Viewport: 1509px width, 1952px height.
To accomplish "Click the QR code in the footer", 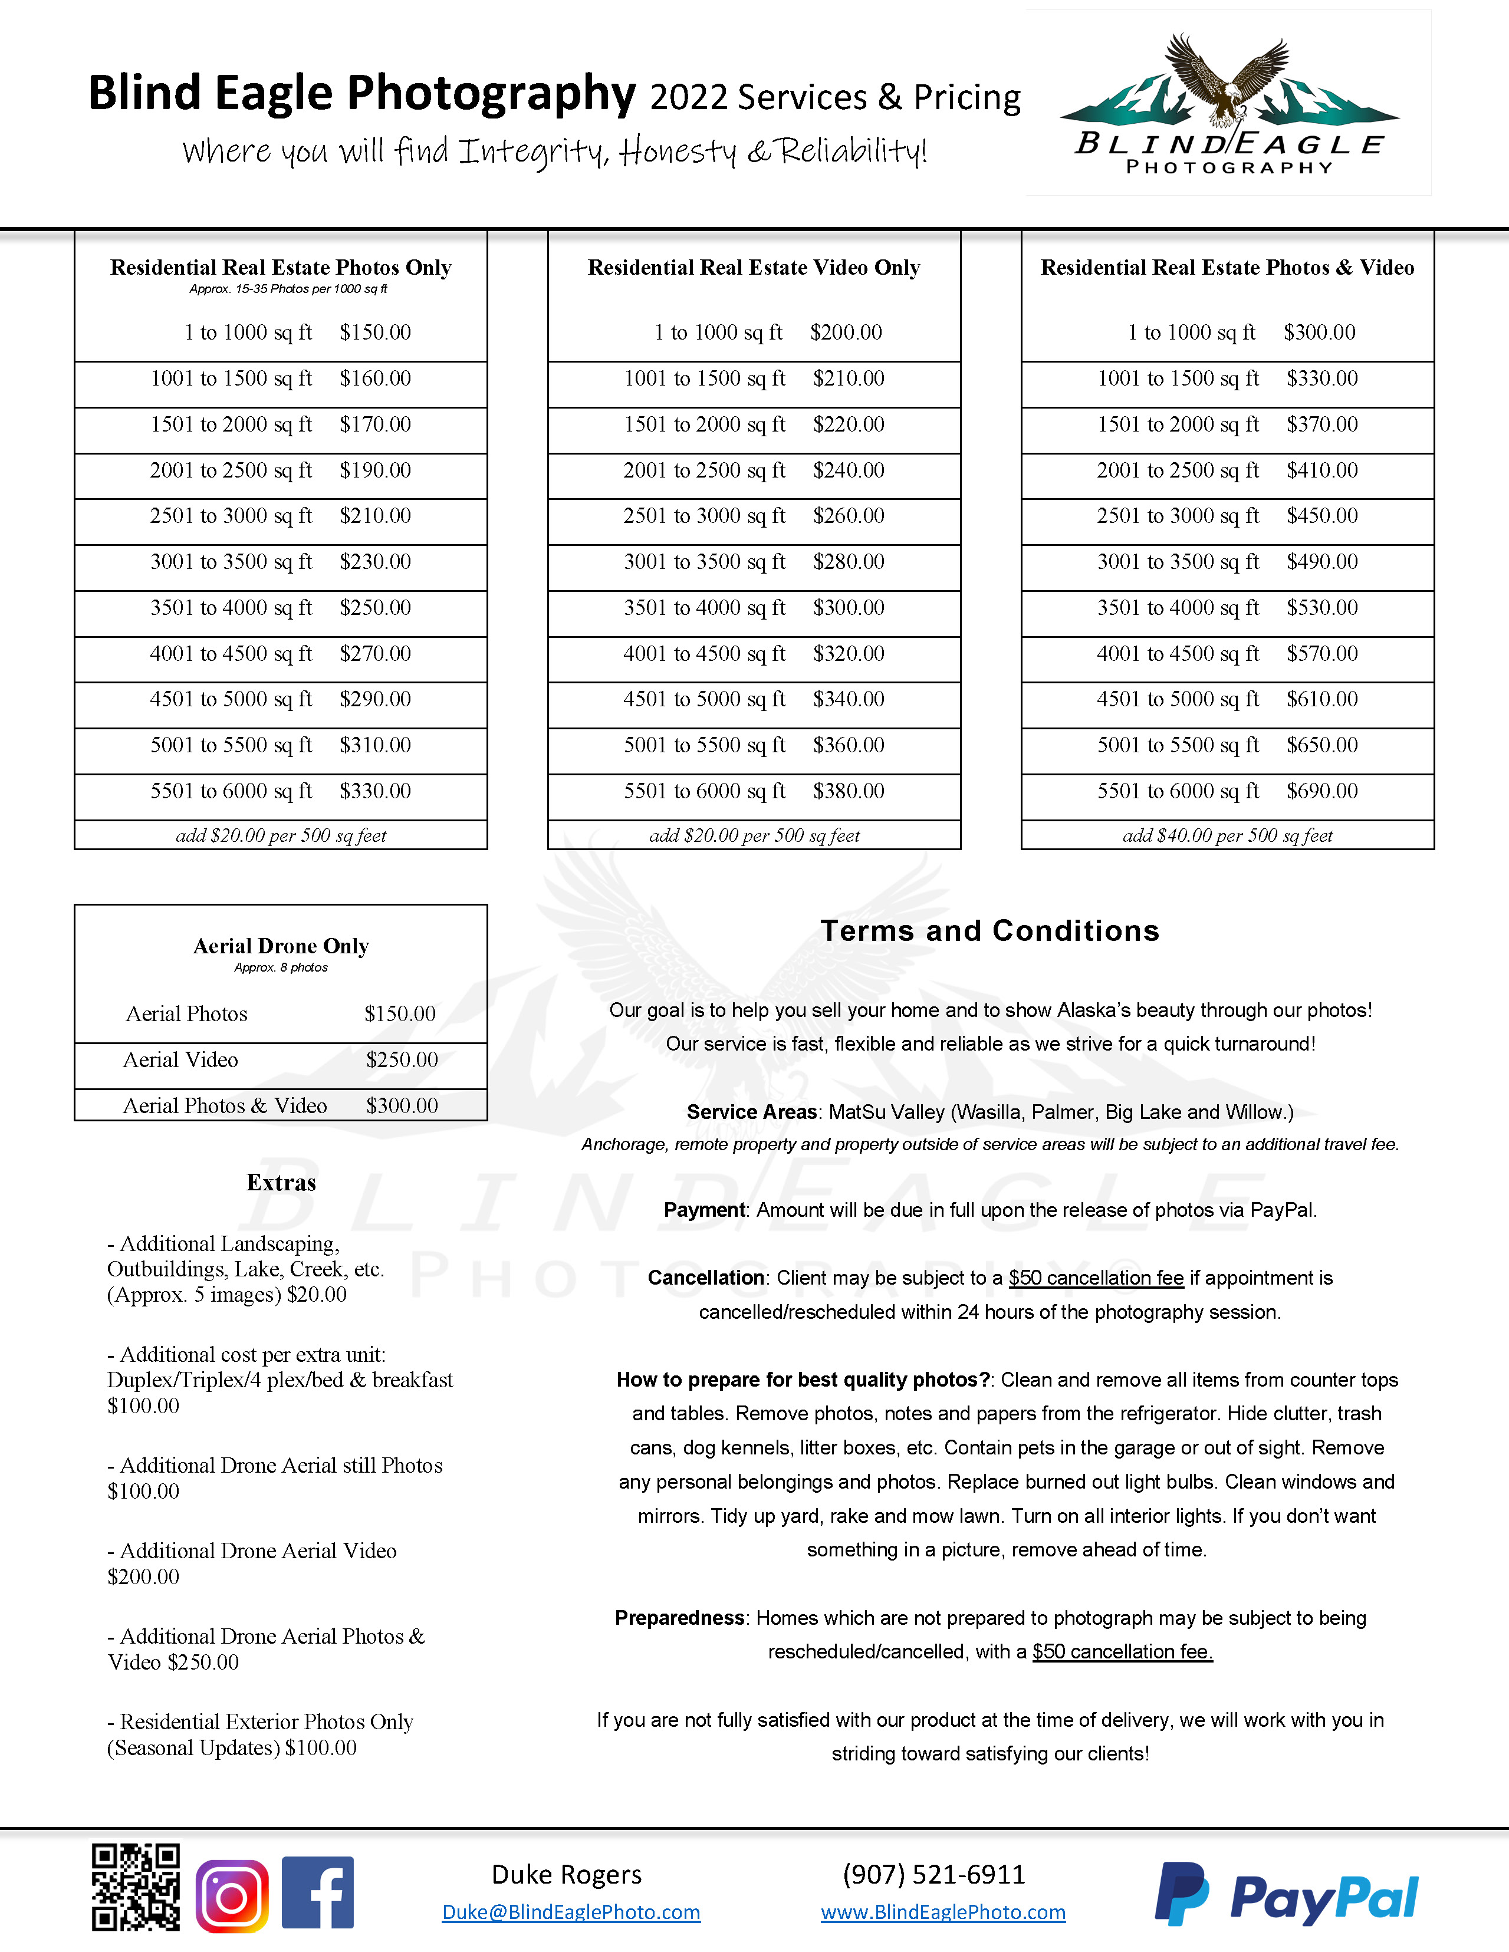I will [x=135, y=1887].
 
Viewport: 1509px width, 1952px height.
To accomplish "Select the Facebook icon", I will [x=317, y=1892].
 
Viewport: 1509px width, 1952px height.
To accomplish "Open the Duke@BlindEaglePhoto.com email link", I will [x=571, y=1912].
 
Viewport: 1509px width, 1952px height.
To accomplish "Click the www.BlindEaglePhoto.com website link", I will [x=943, y=1912].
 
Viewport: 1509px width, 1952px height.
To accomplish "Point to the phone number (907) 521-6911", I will [x=933, y=1874].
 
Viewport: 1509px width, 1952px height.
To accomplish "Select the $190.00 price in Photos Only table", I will [x=376, y=470].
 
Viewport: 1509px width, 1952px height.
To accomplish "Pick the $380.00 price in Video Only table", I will [x=849, y=791].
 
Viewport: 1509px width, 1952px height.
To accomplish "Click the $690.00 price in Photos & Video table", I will [x=1322, y=791].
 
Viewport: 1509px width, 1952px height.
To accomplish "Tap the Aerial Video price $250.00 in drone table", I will [x=402, y=1060].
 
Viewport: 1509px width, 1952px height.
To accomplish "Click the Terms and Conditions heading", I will [x=989, y=930].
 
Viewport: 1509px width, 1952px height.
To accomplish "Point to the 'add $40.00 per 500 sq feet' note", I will [x=1227, y=835].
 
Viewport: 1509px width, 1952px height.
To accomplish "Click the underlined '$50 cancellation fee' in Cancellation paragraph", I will [x=1096, y=1278].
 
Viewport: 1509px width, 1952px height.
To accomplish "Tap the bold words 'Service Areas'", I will [x=751, y=1112].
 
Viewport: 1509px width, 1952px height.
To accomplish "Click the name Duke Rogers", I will [x=567, y=1874].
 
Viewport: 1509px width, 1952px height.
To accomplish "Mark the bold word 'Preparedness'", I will [x=679, y=1618].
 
